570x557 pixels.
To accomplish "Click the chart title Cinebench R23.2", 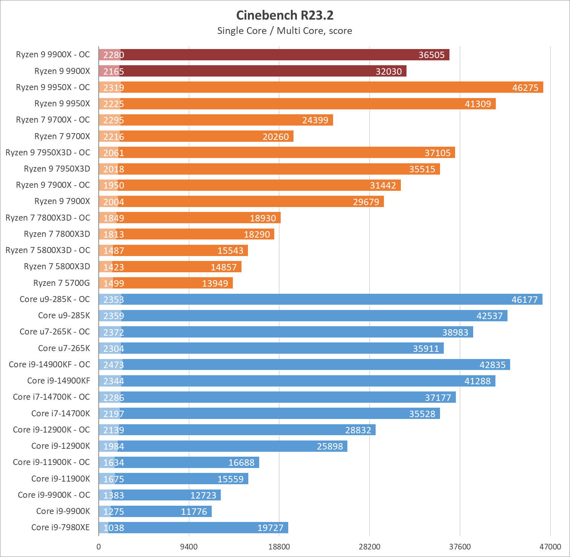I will (285, 15).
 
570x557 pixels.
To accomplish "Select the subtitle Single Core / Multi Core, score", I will (285, 31).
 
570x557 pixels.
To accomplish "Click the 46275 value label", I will (525, 87).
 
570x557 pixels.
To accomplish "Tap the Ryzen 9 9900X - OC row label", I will (53, 55).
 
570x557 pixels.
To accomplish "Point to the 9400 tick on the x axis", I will (189, 547).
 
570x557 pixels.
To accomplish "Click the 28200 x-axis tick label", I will (369, 547).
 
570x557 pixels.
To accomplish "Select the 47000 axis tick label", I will (550, 547).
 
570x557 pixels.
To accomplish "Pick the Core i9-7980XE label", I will (61, 528).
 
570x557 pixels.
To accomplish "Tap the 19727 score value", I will (270, 528).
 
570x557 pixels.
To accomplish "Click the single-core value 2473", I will (113, 365).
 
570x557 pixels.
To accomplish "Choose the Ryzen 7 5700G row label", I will (61, 283).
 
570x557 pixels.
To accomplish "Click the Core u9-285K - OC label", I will (55, 299).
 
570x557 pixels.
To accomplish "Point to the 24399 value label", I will (315, 120).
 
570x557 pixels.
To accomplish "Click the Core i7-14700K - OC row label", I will (52, 397).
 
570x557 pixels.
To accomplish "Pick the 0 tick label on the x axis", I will (99, 547).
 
